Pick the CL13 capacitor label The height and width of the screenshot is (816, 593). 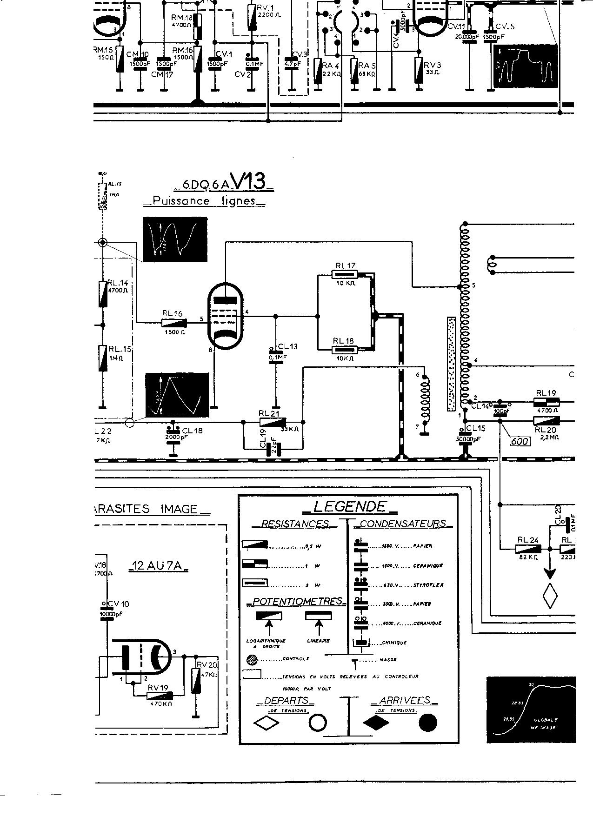tap(287, 346)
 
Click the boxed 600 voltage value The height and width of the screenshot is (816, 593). tap(520, 441)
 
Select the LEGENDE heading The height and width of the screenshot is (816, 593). tap(349, 506)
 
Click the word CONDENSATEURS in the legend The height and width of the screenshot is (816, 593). tap(403, 524)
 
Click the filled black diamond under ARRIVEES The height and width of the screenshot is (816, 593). tap(376, 723)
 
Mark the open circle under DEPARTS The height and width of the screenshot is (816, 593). tap(318, 723)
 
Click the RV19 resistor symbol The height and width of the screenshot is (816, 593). tap(160, 696)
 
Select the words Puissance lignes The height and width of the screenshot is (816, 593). tap(204, 201)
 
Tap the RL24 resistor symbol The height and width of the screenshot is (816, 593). tap(528, 549)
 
